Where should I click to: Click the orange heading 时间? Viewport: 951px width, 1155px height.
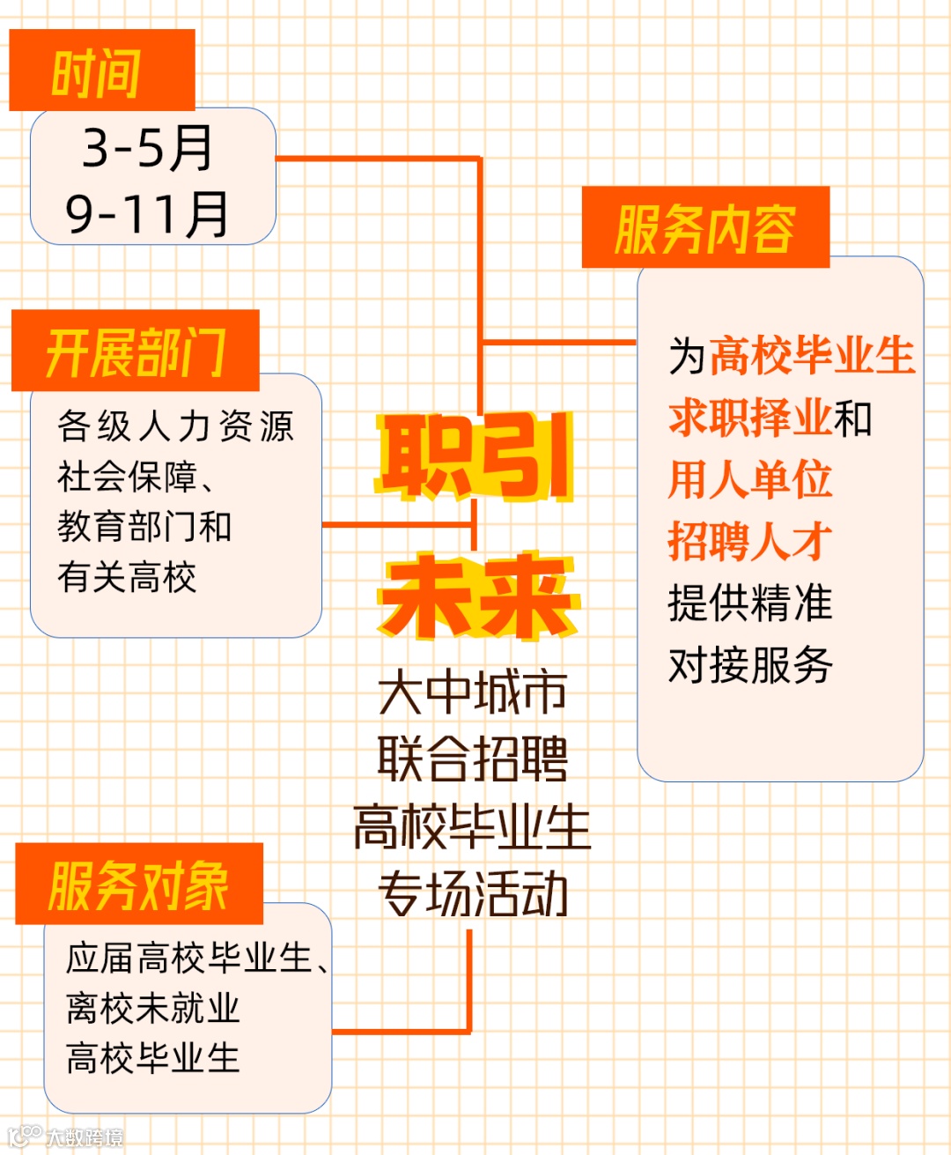tap(96, 72)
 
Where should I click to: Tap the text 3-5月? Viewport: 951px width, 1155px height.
tap(147, 148)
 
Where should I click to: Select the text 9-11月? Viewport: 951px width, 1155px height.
tap(147, 214)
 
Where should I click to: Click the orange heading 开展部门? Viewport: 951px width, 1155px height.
tap(136, 353)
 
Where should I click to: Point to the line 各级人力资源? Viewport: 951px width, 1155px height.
tap(175, 426)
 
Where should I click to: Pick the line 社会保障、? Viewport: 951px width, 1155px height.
tap(136, 477)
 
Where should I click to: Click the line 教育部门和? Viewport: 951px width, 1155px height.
tap(144, 527)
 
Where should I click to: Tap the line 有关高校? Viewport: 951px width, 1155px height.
tap(127, 577)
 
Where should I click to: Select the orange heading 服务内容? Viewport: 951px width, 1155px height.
tap(704, 229)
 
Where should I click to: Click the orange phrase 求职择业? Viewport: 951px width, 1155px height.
tap(750, 418)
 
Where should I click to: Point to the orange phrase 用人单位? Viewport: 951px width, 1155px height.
tap(750, 479)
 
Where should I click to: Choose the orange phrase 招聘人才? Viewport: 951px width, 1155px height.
tap(750, 541)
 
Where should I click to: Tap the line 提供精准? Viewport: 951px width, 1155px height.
tap(750, 603)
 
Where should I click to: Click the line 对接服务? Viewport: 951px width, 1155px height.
tap(750, 665)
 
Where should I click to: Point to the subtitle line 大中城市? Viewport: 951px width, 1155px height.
tap(473, 692)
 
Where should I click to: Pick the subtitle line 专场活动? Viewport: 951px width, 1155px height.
tap(473, 894)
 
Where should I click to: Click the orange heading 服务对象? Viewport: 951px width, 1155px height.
tap(138, 885)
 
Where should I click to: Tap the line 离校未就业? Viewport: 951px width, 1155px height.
tap(153, 1009)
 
